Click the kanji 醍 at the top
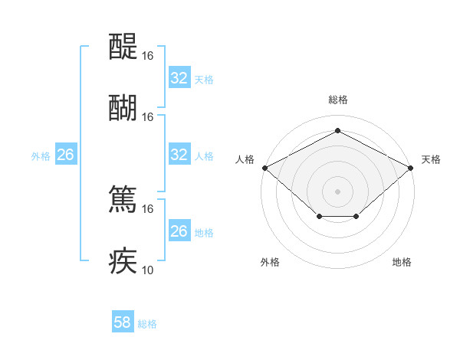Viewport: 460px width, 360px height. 123,48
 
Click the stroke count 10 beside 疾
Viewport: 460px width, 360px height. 148,270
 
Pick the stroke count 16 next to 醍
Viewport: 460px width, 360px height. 148,56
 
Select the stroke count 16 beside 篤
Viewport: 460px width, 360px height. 148,208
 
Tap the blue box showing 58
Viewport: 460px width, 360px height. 123,322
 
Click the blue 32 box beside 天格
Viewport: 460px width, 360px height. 179,78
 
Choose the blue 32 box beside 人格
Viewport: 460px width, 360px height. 179,155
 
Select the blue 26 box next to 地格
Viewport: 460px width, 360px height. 179,231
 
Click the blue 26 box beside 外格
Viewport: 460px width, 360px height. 65,155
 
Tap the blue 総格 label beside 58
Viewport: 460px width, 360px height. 147,324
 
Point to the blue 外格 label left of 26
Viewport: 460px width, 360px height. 41,155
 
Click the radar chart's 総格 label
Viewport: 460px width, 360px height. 337,100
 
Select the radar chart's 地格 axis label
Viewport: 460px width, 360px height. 402,263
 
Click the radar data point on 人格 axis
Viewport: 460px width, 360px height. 264,167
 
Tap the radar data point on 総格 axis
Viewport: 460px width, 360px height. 337,131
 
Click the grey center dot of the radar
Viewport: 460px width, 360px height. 337,191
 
